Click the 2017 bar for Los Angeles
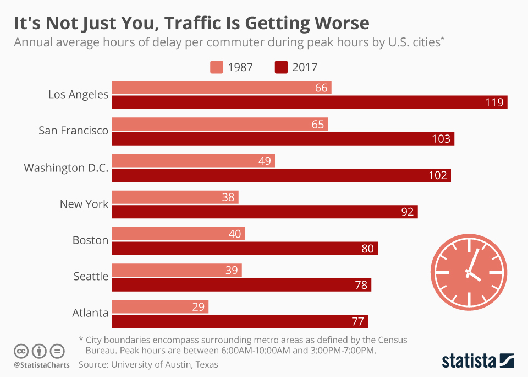point(310,102)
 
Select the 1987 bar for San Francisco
point(220,124)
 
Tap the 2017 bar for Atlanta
point(240,321)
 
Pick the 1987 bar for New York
point(175,197)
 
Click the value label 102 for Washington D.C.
point(438,175)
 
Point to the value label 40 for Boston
point(235,234)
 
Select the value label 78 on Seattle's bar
point(361,285)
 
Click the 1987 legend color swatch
point(216,67)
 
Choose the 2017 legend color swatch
point(281,67)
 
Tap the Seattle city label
point(91,276)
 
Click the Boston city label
point(90,240)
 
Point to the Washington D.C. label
point(66,168)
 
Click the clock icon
point(469,272)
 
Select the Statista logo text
point(468,361)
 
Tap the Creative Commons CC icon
point(21,351)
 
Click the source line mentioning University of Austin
point(148,364)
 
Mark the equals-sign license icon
point(57,351)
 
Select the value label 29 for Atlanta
point(199,307)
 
